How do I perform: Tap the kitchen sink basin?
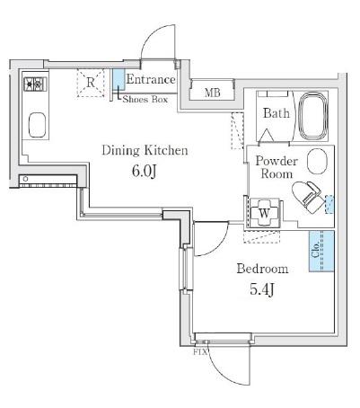(x=38, y=125)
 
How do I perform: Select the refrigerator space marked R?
(x=91, y=83)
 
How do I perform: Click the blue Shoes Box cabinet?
(x=119, y=78)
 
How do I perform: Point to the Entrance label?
(x=151, y=79)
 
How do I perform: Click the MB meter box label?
(x=213, y=93)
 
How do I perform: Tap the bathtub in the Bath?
(x=312, y=116)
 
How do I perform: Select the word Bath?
(x=277, y=113)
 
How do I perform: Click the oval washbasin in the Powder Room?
(x=317, y=161)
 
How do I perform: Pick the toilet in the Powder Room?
(x=308, y=197)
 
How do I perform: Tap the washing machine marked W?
(x=264, y=213)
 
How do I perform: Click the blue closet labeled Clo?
(x=321, y=251)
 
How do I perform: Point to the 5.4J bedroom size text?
(x=262, y=289)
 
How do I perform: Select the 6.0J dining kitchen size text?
(x=145, y=171)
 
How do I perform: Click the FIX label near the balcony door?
(x=200, y=352)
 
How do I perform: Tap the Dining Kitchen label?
(x=145, y=151)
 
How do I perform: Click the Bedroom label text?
(x=262, y=269)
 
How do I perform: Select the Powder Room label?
(x=276, y=167)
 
